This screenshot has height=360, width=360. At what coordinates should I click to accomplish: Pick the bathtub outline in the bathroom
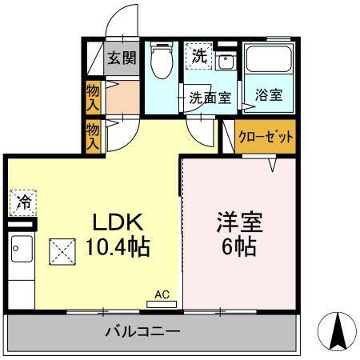[268, 60]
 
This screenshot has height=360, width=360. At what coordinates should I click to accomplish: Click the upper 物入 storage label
[94, 97]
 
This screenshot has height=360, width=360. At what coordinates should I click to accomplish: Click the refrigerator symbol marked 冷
[23, 202]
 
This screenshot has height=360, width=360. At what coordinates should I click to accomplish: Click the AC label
[161, 295]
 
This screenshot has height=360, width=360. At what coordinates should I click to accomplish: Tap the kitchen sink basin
[21, 249]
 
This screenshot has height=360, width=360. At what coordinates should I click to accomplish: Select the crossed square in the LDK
[62, 252]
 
